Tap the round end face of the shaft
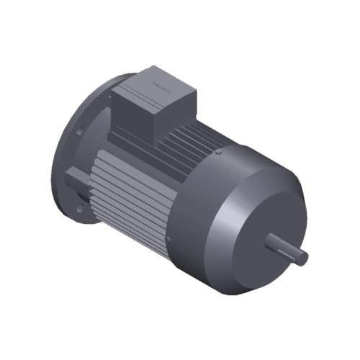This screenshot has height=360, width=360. (x=304, y=257)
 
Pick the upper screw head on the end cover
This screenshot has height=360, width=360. (x=218, y=152)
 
